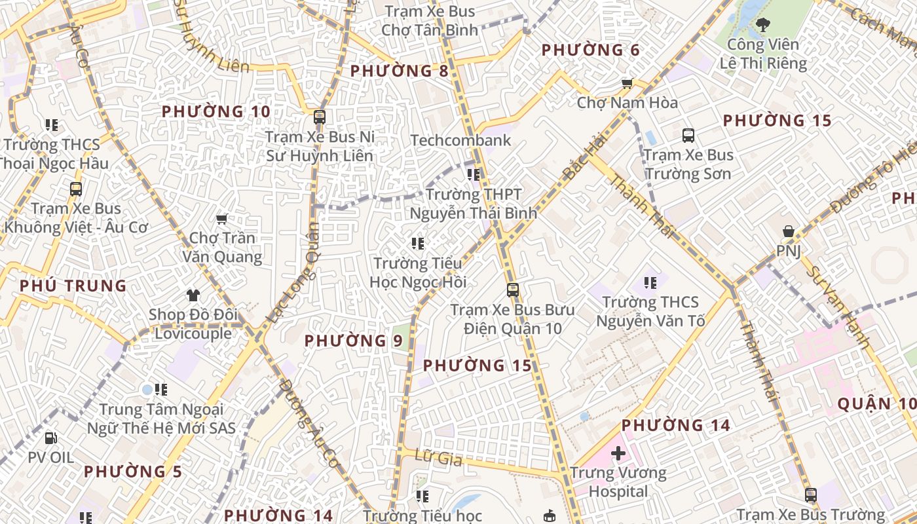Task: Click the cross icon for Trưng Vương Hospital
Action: [618, 453]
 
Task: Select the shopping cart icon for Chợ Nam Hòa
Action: [627, 83]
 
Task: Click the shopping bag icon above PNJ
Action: [789, 231]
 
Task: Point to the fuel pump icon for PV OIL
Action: [50, 438]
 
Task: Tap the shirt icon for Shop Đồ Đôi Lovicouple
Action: [193, 295]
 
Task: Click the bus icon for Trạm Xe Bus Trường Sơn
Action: [688, 136]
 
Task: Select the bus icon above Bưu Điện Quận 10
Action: [512, 290]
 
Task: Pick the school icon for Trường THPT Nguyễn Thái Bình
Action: [474, 175]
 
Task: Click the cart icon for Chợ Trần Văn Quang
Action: [221, 219]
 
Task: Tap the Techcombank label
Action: [460, 140]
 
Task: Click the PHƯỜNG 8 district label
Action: [399, 71]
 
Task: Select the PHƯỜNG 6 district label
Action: [590, 50]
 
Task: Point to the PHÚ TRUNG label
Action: [73, 286]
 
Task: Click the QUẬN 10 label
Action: [876, 403]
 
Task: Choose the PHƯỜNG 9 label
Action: [353, 341]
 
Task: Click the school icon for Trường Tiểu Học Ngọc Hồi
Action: [418, 244]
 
